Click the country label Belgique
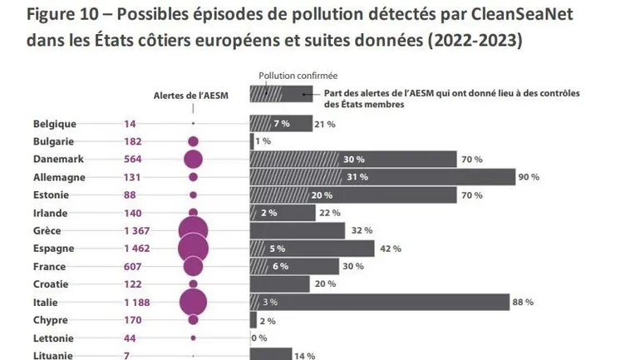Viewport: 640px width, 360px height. click(55, 124)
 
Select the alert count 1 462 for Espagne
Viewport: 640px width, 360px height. click(137, 248)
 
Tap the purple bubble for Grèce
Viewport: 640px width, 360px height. click(193, 230)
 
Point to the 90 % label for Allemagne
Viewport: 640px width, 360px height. click(529, 177)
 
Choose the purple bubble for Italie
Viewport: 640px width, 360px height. click(193, 302)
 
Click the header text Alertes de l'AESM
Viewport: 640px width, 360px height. click(191, 96)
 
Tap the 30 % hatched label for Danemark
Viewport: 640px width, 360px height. click(353, 159)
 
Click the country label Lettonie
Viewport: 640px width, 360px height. click(53, 338)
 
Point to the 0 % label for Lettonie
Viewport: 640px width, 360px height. click(258, 338)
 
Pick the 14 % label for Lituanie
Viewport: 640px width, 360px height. click(303, 356)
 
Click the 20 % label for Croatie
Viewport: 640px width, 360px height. click(325, 284)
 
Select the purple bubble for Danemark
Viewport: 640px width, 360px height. click(193, 159)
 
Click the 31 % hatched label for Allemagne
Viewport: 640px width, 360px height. click(357, 177)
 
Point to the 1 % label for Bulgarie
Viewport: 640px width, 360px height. click(263, 141)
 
